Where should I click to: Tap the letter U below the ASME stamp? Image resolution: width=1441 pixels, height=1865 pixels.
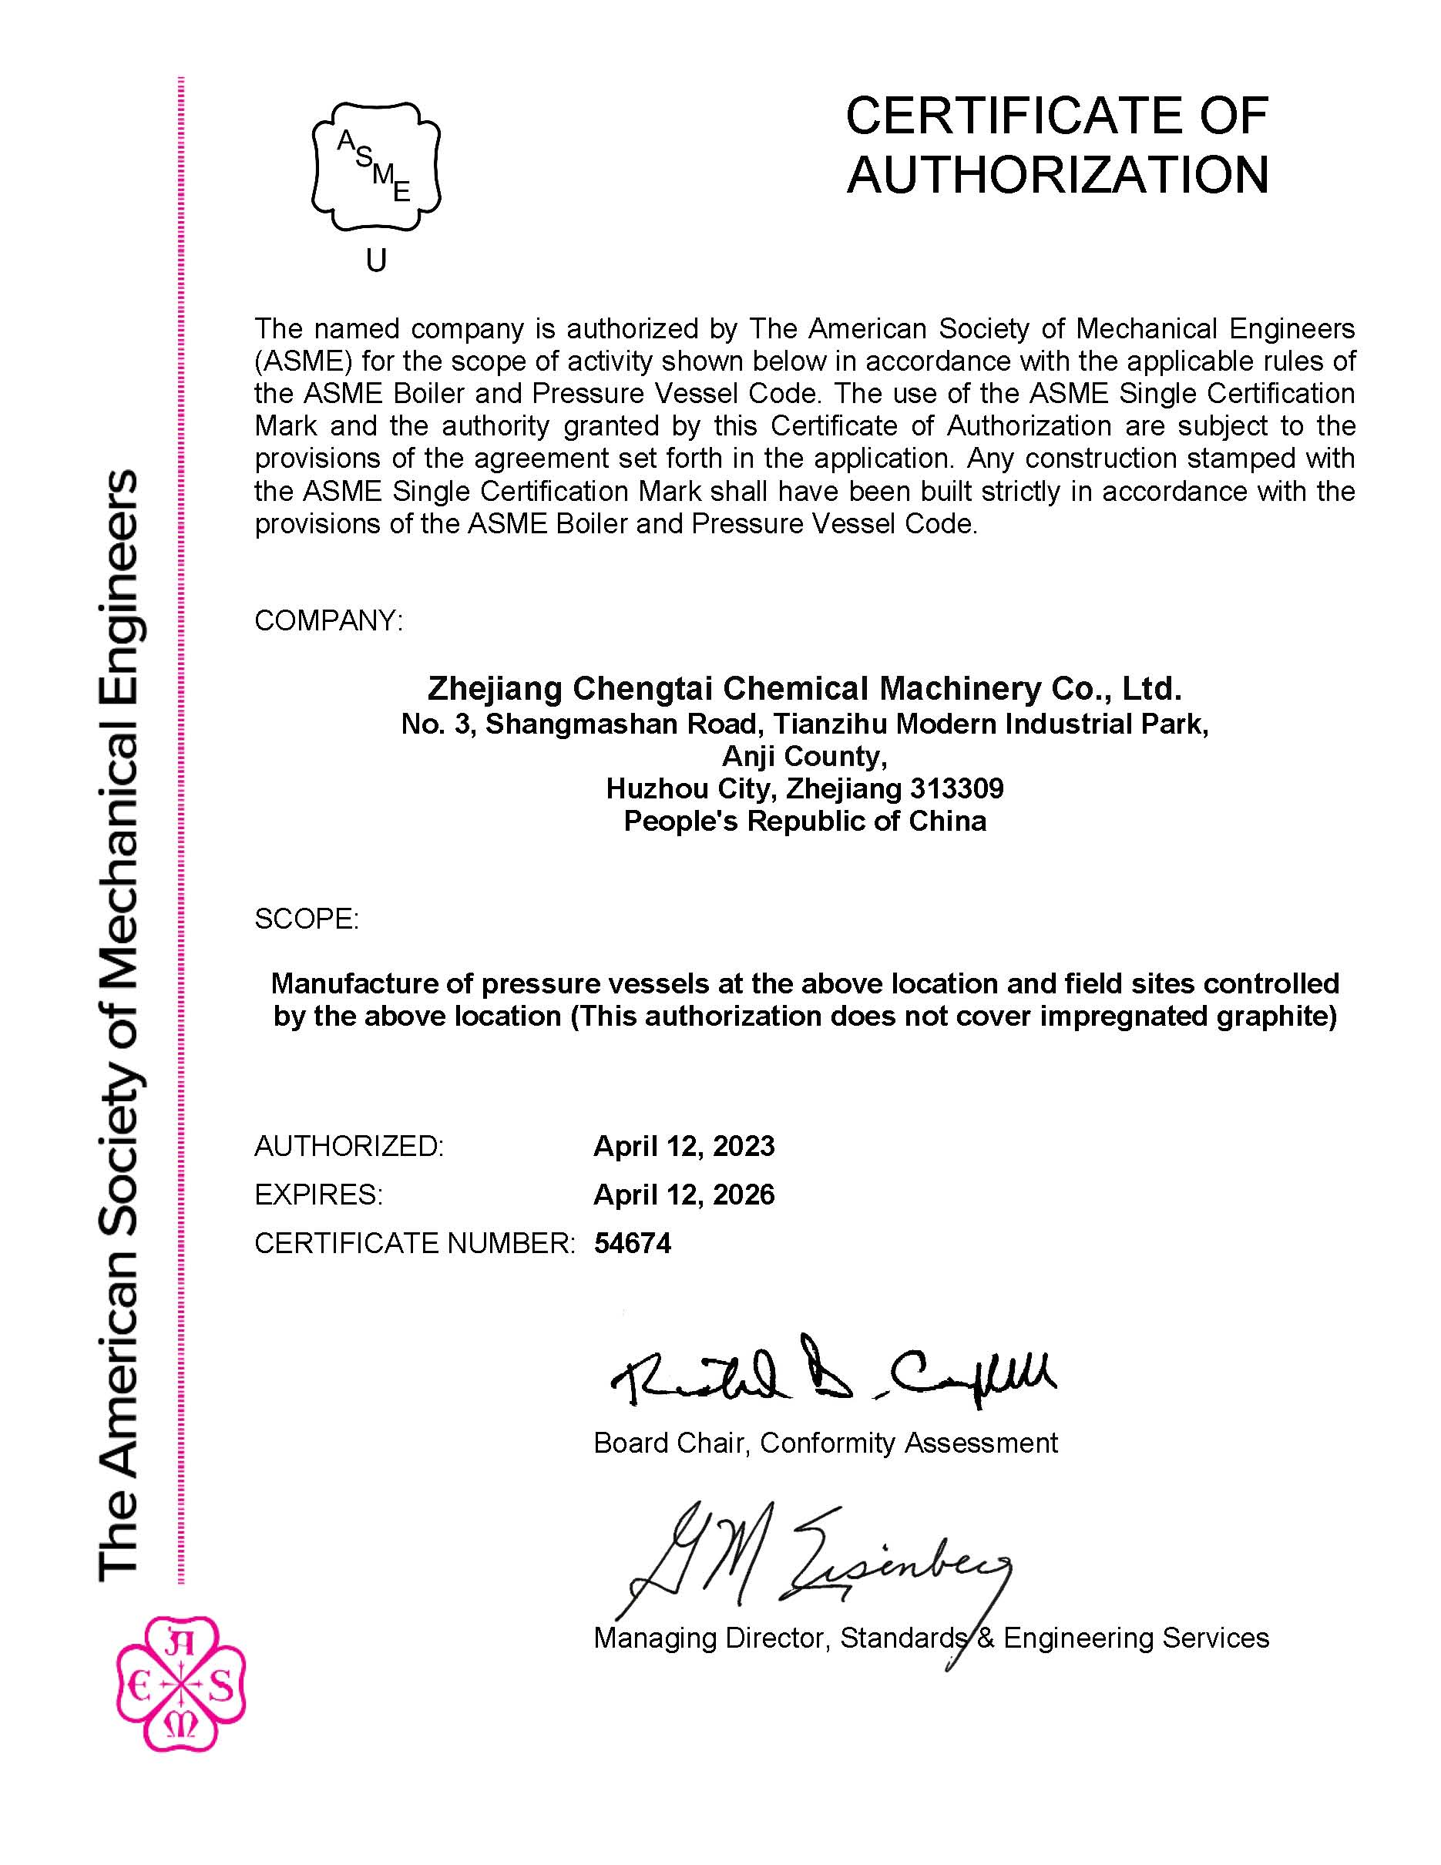point(377,260)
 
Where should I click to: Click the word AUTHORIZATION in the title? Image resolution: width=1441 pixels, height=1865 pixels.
point(1056,175)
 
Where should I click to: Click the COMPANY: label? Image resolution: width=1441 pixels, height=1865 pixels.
point(327,621)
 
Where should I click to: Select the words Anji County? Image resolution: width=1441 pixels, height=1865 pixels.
point(804,756)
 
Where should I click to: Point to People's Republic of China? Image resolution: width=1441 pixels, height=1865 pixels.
point(804,821)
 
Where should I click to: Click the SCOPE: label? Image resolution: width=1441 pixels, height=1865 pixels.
point(307,919)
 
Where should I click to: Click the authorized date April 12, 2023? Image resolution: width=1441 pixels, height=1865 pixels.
point(684,1146)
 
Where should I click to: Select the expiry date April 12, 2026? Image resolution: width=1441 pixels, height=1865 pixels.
point(684,1195)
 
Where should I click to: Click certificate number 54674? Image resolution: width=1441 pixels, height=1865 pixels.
point(633,1243)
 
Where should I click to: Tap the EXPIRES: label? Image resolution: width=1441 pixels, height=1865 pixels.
point(318,1195)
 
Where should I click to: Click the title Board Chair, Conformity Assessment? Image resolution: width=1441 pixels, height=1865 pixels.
point(825,1443)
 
